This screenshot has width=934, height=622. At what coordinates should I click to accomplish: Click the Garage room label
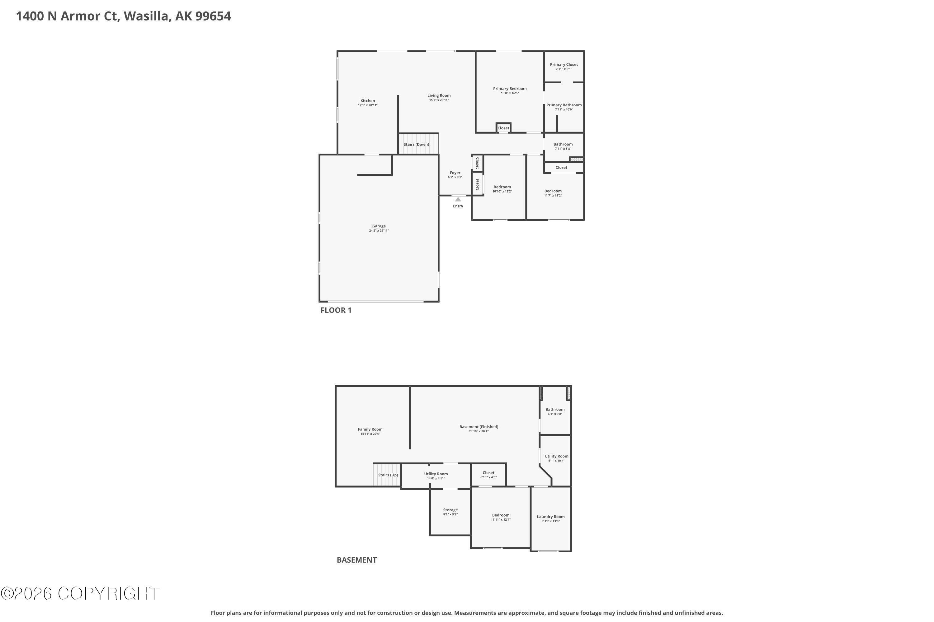[379, 226]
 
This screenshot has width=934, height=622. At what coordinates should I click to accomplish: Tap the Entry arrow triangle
[458, 199]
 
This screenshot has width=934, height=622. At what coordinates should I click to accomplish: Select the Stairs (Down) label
[416, 144]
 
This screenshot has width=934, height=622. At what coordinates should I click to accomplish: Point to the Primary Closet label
[564, 65]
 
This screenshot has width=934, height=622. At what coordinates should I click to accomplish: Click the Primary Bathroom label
[564, 105]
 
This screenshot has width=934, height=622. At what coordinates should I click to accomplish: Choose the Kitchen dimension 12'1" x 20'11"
[368, 105]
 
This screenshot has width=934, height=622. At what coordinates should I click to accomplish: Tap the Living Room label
[439, 95]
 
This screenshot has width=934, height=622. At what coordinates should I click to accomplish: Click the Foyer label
[455, 173]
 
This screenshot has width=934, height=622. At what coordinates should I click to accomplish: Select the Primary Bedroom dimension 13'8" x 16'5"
[510, 93]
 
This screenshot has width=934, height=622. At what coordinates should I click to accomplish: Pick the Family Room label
[370, 429]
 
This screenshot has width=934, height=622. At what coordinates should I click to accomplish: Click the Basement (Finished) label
[479, 427]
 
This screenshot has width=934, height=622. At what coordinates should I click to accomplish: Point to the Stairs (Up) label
[388, 475]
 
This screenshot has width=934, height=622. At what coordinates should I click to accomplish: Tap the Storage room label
[450, 510]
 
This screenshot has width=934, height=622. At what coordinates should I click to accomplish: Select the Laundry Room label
[550, 517]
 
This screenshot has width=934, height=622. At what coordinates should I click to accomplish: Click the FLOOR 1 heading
[336, 310]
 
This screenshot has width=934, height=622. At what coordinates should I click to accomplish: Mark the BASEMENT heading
[356, 560]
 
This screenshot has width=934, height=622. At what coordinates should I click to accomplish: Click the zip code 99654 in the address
[213, 16]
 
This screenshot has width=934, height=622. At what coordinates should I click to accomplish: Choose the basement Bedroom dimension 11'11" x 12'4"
[501, 520]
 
